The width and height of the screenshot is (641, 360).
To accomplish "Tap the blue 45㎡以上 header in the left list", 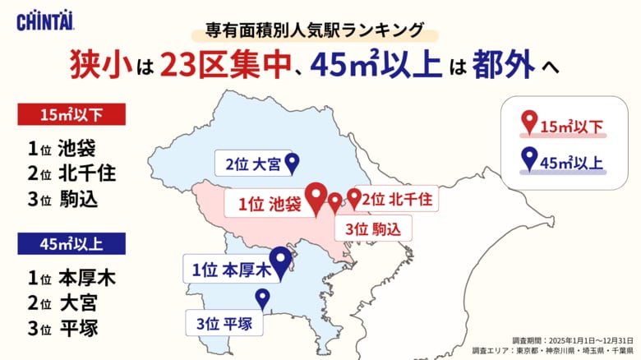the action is [71, 243].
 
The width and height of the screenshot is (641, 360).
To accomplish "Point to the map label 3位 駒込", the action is [372, 228].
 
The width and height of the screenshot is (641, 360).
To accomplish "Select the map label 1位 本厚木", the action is [230, 270].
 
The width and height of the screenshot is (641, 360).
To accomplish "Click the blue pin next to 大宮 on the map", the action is [293, 164].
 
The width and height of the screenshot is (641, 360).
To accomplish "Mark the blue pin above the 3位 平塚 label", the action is [263, 298].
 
